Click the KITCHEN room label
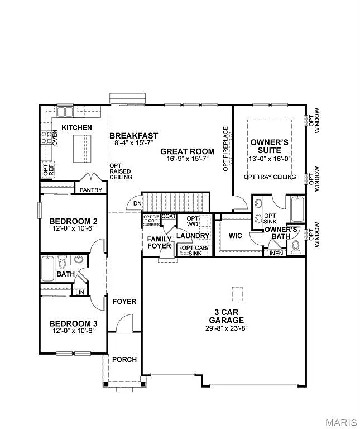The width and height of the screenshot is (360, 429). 76,128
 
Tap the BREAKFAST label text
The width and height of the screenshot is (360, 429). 133,136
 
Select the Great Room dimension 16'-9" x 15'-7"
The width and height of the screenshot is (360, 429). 187,159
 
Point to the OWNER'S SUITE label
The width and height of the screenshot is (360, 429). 269,146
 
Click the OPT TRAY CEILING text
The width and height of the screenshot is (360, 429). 270,177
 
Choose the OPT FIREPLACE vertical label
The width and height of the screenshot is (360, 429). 226,149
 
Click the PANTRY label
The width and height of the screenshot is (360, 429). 90,190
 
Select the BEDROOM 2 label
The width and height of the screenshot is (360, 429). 73,221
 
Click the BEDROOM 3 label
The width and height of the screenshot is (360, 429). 73,323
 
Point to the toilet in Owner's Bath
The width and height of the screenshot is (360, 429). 296,246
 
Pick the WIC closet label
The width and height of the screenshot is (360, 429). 236,235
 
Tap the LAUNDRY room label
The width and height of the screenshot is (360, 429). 193,236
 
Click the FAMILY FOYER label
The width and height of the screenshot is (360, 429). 159,242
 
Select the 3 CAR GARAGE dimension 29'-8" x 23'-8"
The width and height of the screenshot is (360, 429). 226,328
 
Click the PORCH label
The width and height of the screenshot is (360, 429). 124,359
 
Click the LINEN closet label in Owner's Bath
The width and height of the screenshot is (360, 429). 275,253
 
